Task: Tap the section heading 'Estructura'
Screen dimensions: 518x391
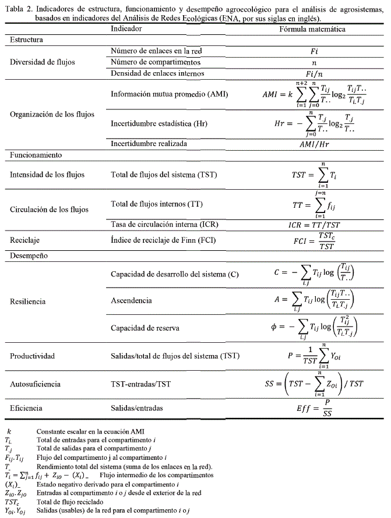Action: click(29, 40)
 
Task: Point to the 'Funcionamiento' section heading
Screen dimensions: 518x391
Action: click(36, 155)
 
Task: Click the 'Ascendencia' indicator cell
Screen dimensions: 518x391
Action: click(131, 300)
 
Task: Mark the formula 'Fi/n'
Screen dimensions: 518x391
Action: click(313, 73)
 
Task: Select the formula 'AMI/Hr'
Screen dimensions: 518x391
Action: click(314, 144)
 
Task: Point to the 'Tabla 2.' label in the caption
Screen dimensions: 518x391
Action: click(16, 6)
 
